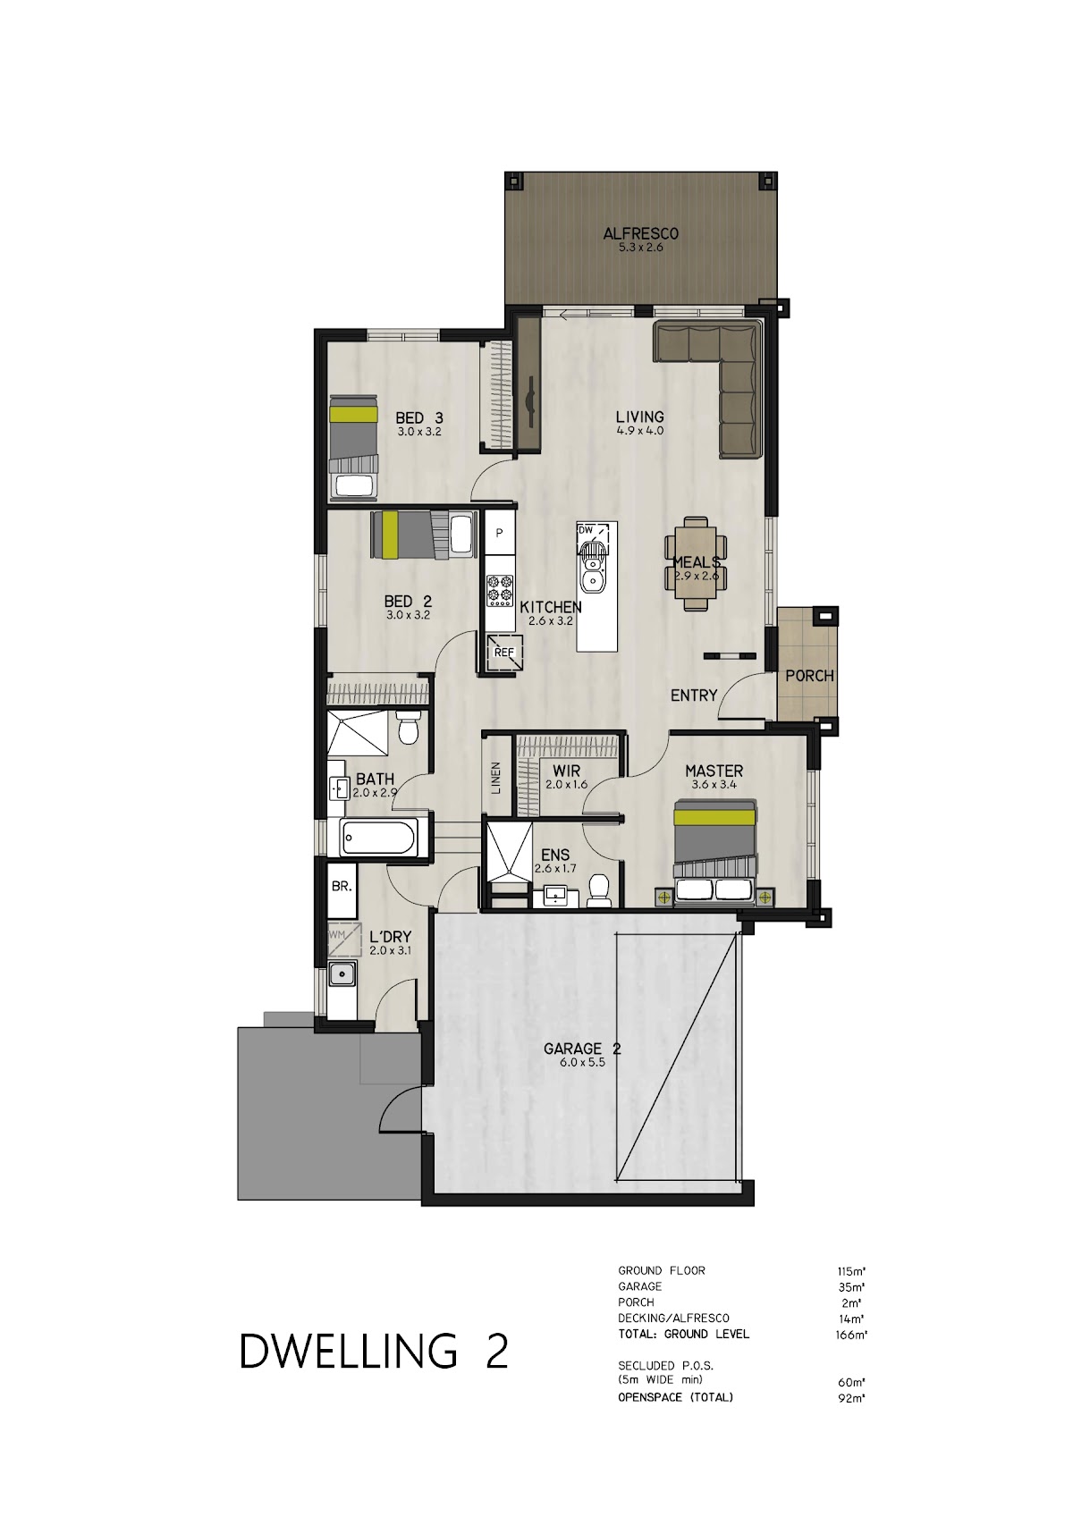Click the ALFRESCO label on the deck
pyautogui.click(x=640, y=233)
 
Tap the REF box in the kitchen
pyautogui.click(x=504, y=653)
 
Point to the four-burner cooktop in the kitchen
pyautogui.click(x=499, y=590)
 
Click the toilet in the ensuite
pyautogui.click(x=599, y=892)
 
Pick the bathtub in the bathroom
pyautogui.click(x=378, y=839)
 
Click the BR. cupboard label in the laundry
pyautogui.click(x=342, y=886)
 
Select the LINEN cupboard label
pyautogui.click(x=496, y=778)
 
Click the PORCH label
pyautogui.click(x=809, y=675)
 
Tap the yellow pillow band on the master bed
pyautogui.click(x=714, y=817)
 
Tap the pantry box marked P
pyautogui.click(x=499, y=533)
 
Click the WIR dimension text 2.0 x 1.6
pyautogui.click(x=566, y=785)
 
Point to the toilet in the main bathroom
pyautogui.click(x=409, y=728)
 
